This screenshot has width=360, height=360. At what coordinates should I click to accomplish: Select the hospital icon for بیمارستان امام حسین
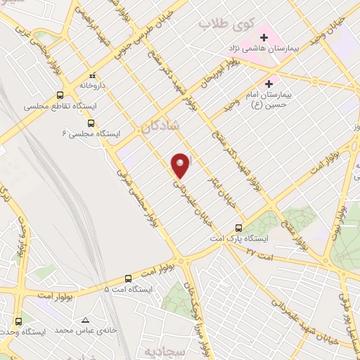[269, 84]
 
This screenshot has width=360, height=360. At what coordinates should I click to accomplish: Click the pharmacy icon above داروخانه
[91, 75]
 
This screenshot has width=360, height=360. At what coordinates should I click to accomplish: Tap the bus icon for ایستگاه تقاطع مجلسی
[60, 94]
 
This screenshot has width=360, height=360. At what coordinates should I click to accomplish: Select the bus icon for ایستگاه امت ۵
[128, 278]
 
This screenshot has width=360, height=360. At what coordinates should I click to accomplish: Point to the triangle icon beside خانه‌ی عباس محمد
[85, 318]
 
